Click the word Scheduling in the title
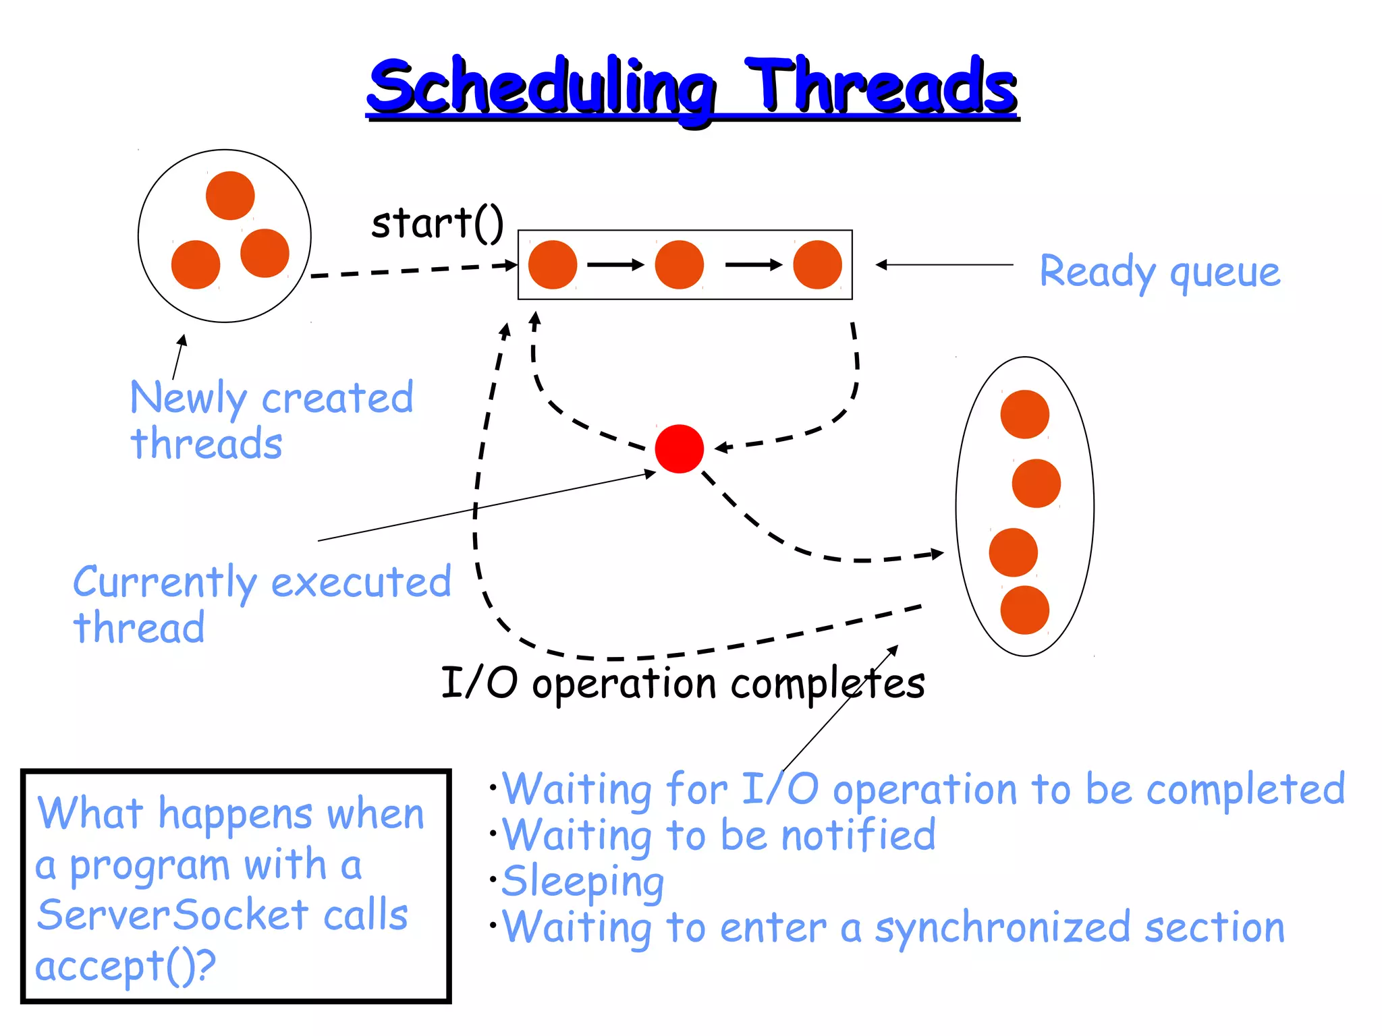coord(540,88)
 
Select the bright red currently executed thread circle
coord(679,449)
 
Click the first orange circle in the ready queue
coord(552,264)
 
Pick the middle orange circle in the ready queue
coord(679,264)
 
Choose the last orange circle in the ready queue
coord(817,264)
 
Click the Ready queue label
coord(1159,272)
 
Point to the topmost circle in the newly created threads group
coord(230,196)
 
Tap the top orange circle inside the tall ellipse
coord(1024,414)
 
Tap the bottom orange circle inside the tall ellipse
coord(1024,610)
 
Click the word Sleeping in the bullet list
coord(583,882)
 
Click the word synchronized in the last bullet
coord(1002,928)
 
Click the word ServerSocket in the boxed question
coord(172,915)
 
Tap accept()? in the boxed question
coord(125,966)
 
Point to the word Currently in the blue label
coord(165,582)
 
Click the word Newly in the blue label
coord(188,398)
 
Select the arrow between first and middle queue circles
coord(615,264)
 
